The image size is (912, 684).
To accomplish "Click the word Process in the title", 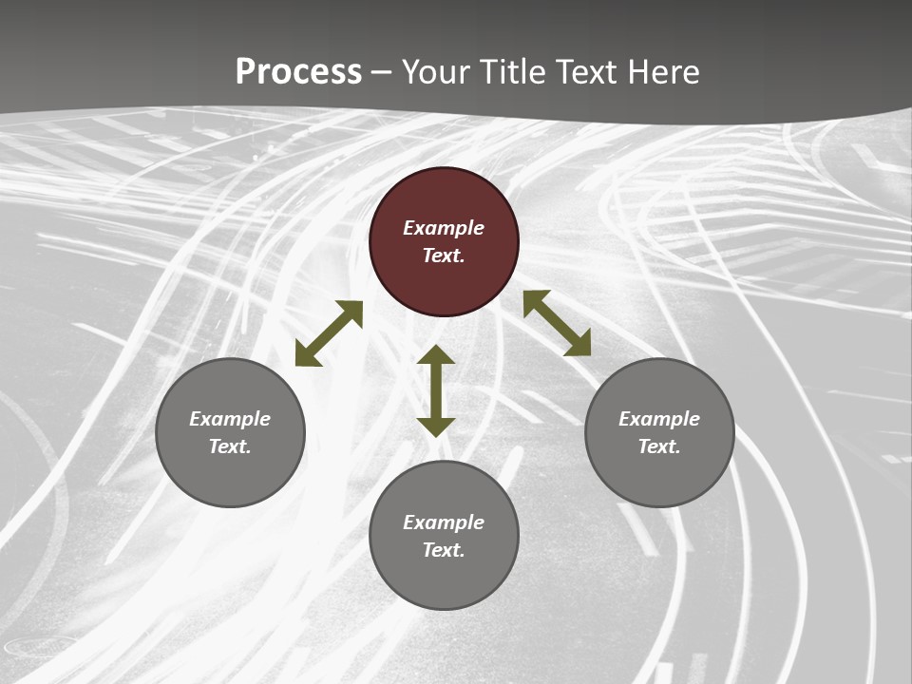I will click(298, 71).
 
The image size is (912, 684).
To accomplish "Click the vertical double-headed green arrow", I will click(436, 390).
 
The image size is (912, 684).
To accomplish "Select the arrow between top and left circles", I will click(329, 333).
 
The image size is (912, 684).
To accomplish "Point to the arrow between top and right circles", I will click(558, 323).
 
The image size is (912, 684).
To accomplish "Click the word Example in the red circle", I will click(444, 228).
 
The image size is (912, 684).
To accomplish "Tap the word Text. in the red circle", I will click(444, 256).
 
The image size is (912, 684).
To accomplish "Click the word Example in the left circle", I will click(230, 419).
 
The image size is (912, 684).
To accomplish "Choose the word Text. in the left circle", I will click(230, 446).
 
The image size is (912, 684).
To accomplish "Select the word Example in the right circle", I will click(659, 419).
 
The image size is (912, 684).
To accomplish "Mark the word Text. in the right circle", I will click(659, 446).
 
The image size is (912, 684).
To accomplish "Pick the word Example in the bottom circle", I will click(444, 522).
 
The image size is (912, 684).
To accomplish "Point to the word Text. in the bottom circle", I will click(444, 550).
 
